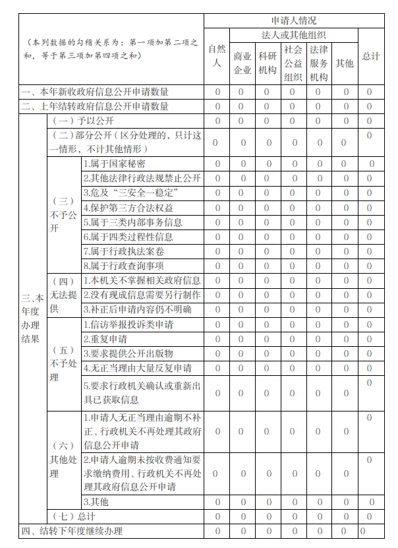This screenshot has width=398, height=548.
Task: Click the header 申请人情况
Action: [x=293, y=20]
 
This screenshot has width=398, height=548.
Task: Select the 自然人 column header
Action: [x=217, y=56]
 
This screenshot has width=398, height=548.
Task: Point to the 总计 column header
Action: [x=370, y=56]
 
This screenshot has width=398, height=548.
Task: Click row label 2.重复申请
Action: [x=105, y=339]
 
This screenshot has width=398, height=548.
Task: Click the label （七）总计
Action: [x=74, y=516]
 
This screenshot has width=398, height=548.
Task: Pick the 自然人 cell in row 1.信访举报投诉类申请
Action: [x=217, y=324]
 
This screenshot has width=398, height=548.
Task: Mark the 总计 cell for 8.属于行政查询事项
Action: [x=370, y=266]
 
